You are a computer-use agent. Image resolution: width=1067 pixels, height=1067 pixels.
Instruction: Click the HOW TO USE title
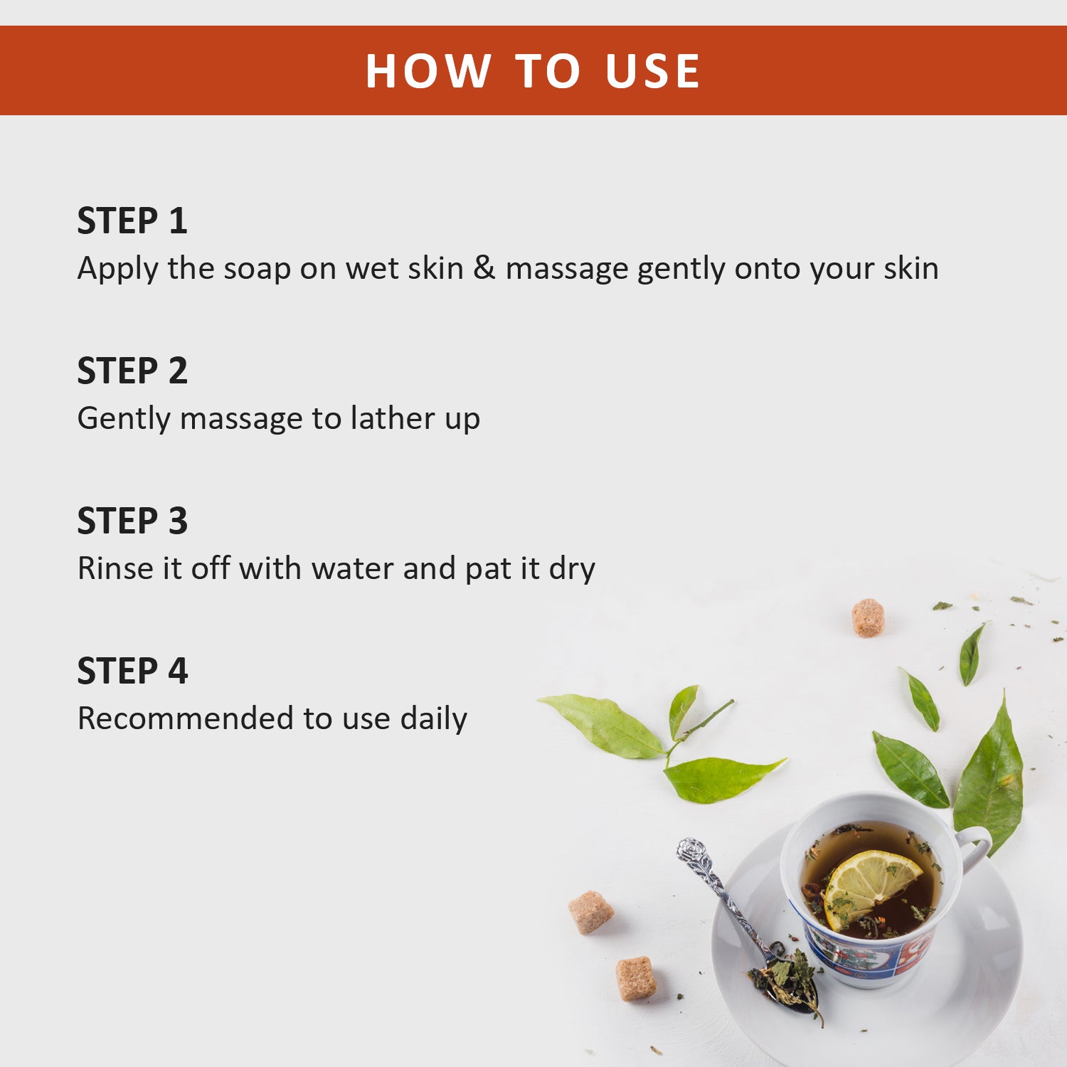(x=533, y=71)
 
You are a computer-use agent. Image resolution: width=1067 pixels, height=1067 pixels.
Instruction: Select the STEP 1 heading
(x=132, y=221)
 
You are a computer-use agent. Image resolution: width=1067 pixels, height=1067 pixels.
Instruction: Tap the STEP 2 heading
(x=132, y=371)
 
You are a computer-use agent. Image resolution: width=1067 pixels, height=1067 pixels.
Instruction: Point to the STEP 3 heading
(x=132, y=521)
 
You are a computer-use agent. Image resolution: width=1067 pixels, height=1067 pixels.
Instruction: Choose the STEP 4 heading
(x=132, y=671)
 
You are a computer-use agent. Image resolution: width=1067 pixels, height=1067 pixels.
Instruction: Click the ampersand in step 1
(x=484, y=268)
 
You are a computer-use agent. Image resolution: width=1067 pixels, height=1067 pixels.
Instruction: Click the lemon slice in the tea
(x=872, y=886)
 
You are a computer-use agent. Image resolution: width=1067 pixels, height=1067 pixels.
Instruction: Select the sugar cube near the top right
(x=868, y=617)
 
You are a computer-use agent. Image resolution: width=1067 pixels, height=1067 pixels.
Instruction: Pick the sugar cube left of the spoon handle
(x=590, y=912)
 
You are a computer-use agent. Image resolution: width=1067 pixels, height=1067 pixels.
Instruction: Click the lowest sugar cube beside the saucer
(x=636, y=978)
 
